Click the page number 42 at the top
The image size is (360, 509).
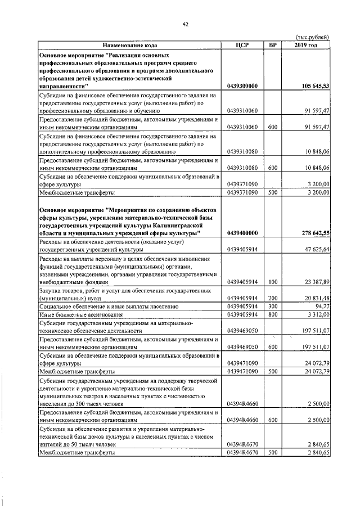185,23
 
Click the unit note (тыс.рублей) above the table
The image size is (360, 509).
312,37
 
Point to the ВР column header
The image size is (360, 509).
273,45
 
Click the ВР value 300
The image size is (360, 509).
273,307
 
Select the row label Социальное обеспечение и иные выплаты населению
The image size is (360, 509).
109,307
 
